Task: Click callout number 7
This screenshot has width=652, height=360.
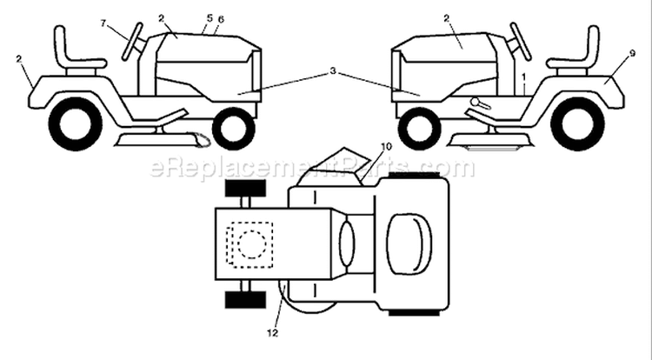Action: point(104,23)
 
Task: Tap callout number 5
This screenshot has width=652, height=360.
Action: point(210,18)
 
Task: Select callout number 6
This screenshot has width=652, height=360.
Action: point(221,19)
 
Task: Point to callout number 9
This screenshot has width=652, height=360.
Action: point(632,53)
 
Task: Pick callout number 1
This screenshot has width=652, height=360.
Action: point(524,77)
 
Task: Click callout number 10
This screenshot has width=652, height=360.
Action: point(386,147)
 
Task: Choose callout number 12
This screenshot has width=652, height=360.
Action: point(272,333)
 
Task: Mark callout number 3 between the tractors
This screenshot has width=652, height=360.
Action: point(333,71)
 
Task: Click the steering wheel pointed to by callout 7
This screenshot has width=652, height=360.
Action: point(133,42)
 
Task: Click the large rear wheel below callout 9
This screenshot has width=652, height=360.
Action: point(577,123)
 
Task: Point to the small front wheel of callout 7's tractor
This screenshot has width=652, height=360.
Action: point(234,129)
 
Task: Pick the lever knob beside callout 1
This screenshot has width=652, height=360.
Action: point(475,101)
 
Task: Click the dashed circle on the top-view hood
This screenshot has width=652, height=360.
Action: point(252,245)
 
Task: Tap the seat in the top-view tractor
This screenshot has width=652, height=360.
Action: point(409,244)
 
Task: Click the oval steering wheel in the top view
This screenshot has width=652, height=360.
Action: point(347,243)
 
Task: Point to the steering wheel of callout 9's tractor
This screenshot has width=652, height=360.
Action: point(521,42)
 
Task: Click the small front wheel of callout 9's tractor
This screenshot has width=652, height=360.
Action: point(419,129)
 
